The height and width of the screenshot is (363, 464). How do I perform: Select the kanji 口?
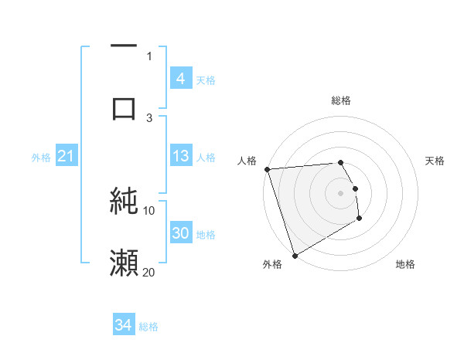(124, 107)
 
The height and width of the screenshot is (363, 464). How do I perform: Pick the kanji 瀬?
(124, 263)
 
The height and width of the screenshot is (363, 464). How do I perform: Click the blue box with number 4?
(180, 79)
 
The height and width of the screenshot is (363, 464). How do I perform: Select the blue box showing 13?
(180, 156)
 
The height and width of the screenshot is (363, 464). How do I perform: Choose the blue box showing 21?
(66, 157)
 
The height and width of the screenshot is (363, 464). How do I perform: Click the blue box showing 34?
(124, 326)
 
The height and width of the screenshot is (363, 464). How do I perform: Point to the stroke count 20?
(149, 272)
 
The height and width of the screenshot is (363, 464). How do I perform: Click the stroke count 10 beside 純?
(149, 210)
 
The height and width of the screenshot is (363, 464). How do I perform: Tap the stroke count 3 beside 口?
(149, 117)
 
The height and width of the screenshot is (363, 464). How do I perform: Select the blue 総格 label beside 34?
(148, 327)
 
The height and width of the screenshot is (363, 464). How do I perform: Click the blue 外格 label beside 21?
(41, 158)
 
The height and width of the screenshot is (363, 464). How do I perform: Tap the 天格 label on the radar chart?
(435, 161)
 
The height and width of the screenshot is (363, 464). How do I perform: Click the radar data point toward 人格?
(267, 169)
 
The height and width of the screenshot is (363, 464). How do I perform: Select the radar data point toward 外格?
(295, 255)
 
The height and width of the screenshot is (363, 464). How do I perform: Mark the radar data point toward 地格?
(360, 219)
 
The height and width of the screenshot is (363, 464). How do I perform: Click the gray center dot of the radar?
(341, 192)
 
